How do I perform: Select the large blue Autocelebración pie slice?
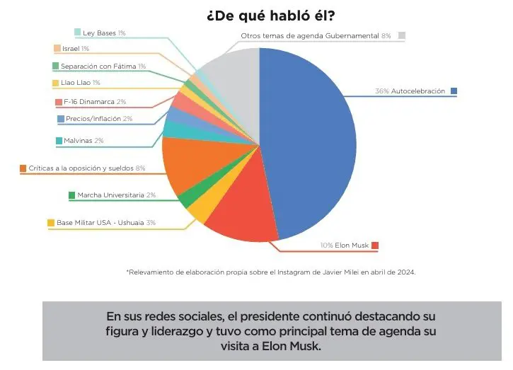tap(311, 141)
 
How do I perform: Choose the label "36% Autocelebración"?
tap(410, 91)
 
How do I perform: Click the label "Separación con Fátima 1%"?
tap(103, 66)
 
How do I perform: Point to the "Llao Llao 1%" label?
tap(81, 83)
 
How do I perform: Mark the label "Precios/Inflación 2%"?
tap(99, 119)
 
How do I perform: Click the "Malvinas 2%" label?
tap(83, 141)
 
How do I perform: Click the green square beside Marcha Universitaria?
tap(71, 195)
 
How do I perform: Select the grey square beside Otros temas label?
tap(401, 35)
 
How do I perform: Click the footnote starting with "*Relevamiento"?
tap(270, 271)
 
